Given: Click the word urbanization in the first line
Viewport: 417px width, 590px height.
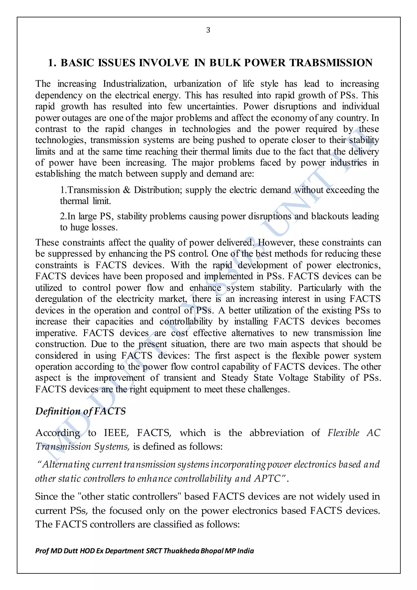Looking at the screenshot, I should pos(197,84).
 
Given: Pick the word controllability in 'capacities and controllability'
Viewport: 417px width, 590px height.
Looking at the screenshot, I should pos(186,321).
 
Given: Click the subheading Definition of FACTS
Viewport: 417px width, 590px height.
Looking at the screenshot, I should pos(80,411).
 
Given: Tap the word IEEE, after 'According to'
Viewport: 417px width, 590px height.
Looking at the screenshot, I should pos(116,433).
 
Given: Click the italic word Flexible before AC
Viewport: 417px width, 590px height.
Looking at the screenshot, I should pos(343,433).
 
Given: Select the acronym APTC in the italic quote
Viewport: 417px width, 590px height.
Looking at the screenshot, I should pos(268,479).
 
